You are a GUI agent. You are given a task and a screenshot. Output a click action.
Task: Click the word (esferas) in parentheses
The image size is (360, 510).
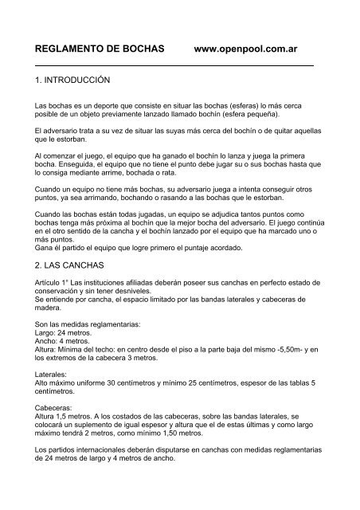(220, 104)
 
